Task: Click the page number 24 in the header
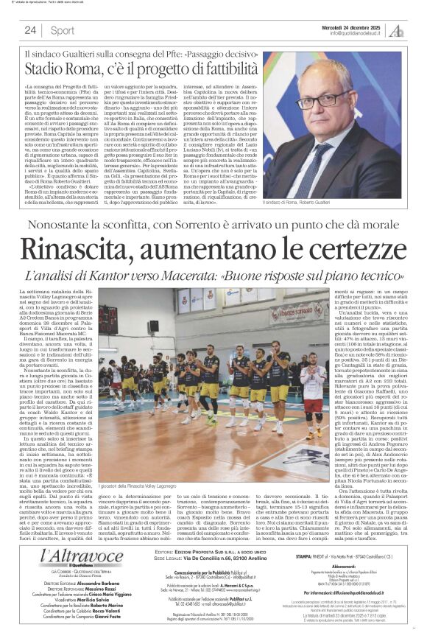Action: point(30,30)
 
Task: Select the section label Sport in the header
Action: point(63,30)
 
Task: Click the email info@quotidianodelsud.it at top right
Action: point(358,33)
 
